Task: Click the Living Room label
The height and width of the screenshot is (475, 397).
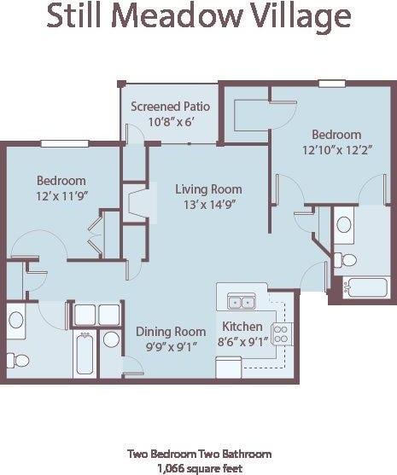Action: [208, 189]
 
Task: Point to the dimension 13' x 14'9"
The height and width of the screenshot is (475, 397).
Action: [208, 205]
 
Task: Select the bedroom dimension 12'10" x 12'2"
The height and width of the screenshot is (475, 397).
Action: [336, 150]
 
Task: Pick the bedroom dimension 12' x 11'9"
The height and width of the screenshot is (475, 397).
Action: [61, 196]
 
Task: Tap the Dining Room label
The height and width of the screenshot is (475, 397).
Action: [171, 331]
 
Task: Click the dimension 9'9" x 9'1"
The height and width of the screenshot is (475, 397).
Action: [171, 347]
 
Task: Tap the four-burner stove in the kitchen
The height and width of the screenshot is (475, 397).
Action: [281, 333]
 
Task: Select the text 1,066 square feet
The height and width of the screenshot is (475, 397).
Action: [199, 468]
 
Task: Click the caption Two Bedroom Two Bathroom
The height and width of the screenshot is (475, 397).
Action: [199, 454]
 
